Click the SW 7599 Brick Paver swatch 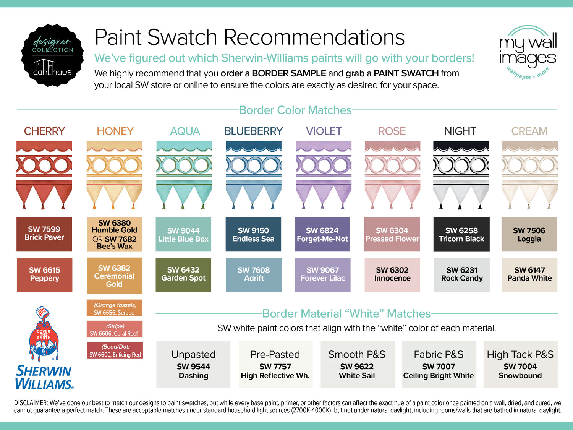[x=44, y=234]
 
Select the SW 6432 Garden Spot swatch [x=183, y=275]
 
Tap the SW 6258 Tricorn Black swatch [x=461, y=234]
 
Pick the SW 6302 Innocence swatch [x=392, y=275]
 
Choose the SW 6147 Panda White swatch [x=529, y=275]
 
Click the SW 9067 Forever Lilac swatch [x=322, y=275]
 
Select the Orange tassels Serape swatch [x=115, y=308]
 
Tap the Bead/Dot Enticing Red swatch [x=115, y=350]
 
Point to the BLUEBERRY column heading [x=254, y=131]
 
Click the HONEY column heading [x=115, y=131]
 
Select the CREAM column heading [x=529, y=131]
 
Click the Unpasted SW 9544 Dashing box [x=193, y=364]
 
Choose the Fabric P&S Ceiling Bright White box [x=439, y=364]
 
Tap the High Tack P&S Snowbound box [x=520, y=364]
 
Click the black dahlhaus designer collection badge [x=52, y=55]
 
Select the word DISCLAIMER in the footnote [x=31, y=403]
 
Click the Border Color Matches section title [x=295, y=110]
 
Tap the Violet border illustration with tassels [x=324, y=175]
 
